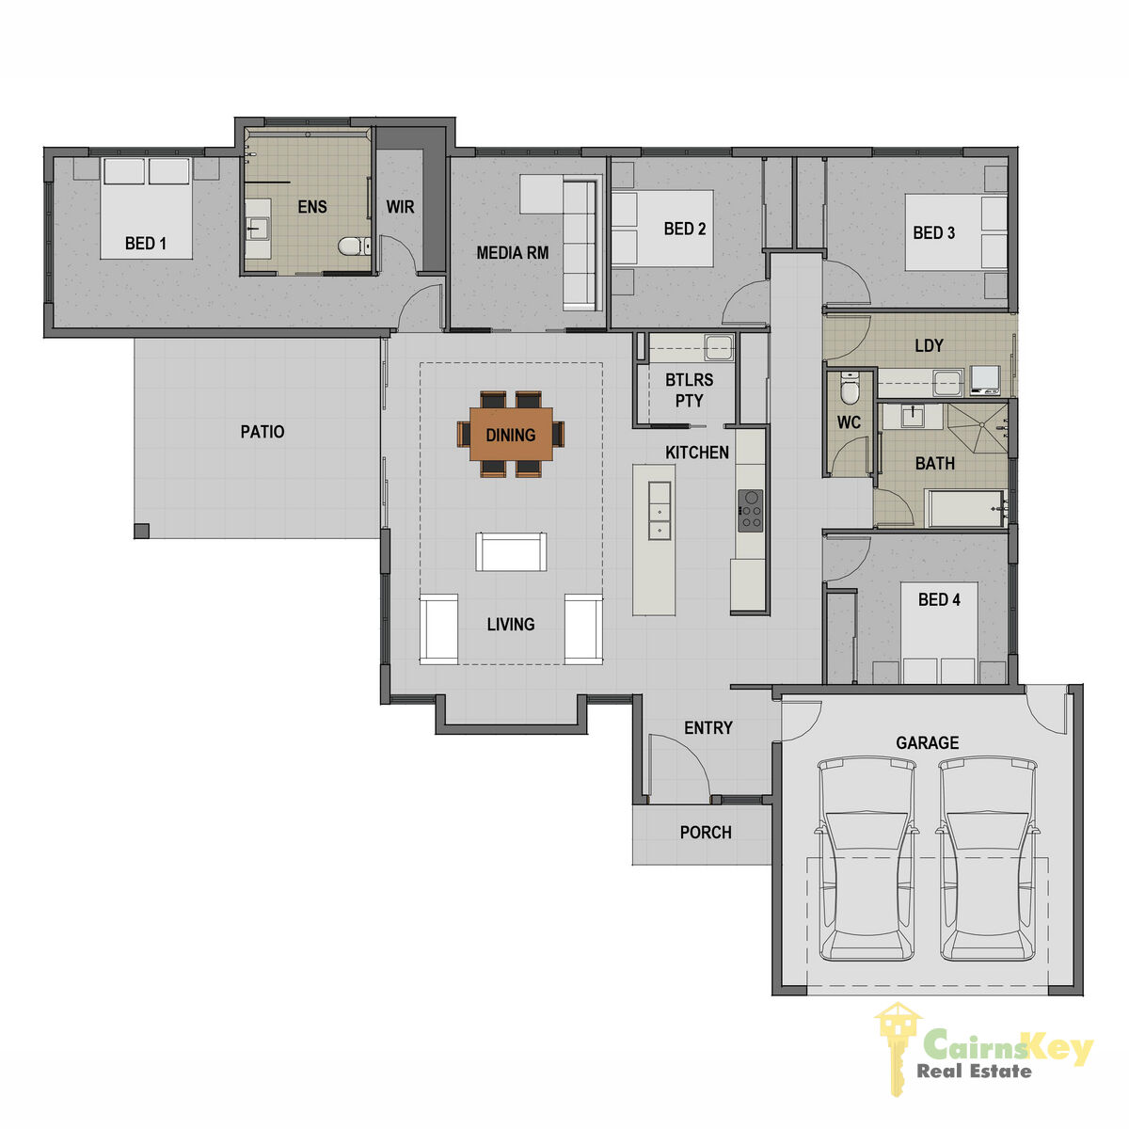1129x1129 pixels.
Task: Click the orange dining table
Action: pos(510,434)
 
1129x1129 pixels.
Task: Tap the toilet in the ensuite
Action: pos(354,246)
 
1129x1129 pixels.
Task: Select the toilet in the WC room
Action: pos(848,388)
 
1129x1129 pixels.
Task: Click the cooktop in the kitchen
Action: pos(750,510)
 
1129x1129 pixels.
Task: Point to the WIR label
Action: pos(400,207)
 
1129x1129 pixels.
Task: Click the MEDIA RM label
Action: pos(513,253)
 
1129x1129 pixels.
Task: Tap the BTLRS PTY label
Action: pos(689,390)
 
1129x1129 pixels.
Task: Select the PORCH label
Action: pos(706,833)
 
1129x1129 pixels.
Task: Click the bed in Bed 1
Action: pos(146,207)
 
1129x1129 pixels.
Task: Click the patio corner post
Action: pos(141,531)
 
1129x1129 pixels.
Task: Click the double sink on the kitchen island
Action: pos(660,510)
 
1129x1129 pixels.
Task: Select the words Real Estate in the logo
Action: pos(974,1071)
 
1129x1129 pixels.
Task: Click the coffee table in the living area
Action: pos(511,551)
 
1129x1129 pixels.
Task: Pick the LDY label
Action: pos(930,345)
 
